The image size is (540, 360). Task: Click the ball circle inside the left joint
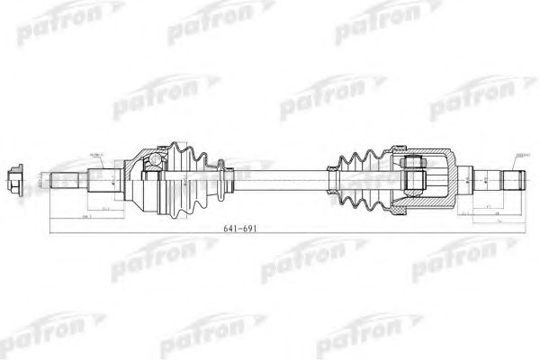(157, 163)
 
